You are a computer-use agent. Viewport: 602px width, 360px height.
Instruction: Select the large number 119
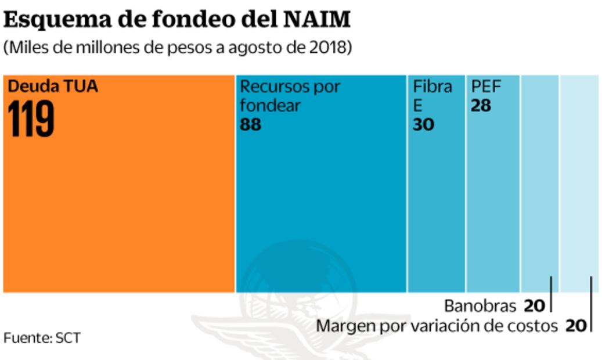click(31, 119)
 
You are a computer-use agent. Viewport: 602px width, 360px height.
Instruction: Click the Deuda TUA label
click(53, 87)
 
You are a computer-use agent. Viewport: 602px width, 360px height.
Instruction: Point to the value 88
click(251, 124)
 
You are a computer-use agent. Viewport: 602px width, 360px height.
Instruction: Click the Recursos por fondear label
click(290, 96)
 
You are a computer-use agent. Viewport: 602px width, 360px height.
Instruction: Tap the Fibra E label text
click(432, 96)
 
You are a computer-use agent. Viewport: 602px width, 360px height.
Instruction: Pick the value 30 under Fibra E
click(423, 124)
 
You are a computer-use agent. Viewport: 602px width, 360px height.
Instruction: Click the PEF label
click(486, 87)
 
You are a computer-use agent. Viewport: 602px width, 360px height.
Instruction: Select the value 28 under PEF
click(481, 106)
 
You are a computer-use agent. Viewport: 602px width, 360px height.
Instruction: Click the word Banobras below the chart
click(480, 305)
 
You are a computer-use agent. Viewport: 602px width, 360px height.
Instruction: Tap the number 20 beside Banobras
click(534, 305)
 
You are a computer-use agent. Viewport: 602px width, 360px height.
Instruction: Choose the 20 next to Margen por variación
click(576, 326)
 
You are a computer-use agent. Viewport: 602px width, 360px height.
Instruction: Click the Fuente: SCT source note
click(42, 337)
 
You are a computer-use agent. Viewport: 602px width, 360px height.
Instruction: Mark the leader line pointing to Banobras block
click(550, 294)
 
